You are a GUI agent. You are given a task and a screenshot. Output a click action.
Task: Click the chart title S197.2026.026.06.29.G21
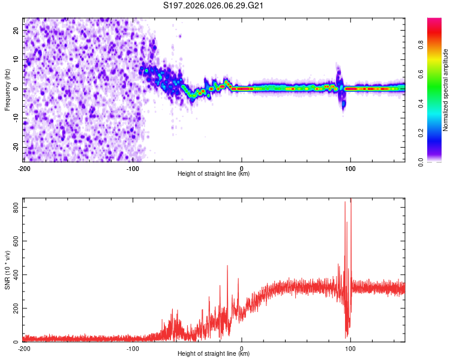214,6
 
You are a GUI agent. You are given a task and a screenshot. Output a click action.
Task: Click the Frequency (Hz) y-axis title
7,89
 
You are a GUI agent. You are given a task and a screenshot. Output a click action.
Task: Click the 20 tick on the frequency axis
16,29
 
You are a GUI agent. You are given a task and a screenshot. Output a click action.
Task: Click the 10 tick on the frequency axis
16,59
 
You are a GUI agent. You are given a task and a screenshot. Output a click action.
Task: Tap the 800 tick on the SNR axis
13,207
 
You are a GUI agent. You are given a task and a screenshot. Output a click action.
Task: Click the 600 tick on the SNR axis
13,241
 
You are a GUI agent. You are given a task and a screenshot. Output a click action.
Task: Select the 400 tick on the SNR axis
13,274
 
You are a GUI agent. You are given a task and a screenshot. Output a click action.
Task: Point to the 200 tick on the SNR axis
13,308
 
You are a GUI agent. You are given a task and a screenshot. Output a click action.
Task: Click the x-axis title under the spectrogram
214,174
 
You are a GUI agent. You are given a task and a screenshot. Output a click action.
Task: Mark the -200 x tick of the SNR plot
24,348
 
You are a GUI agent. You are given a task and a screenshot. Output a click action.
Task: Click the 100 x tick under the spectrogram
350,168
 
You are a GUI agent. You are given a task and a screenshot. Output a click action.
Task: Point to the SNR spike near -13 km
227,266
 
